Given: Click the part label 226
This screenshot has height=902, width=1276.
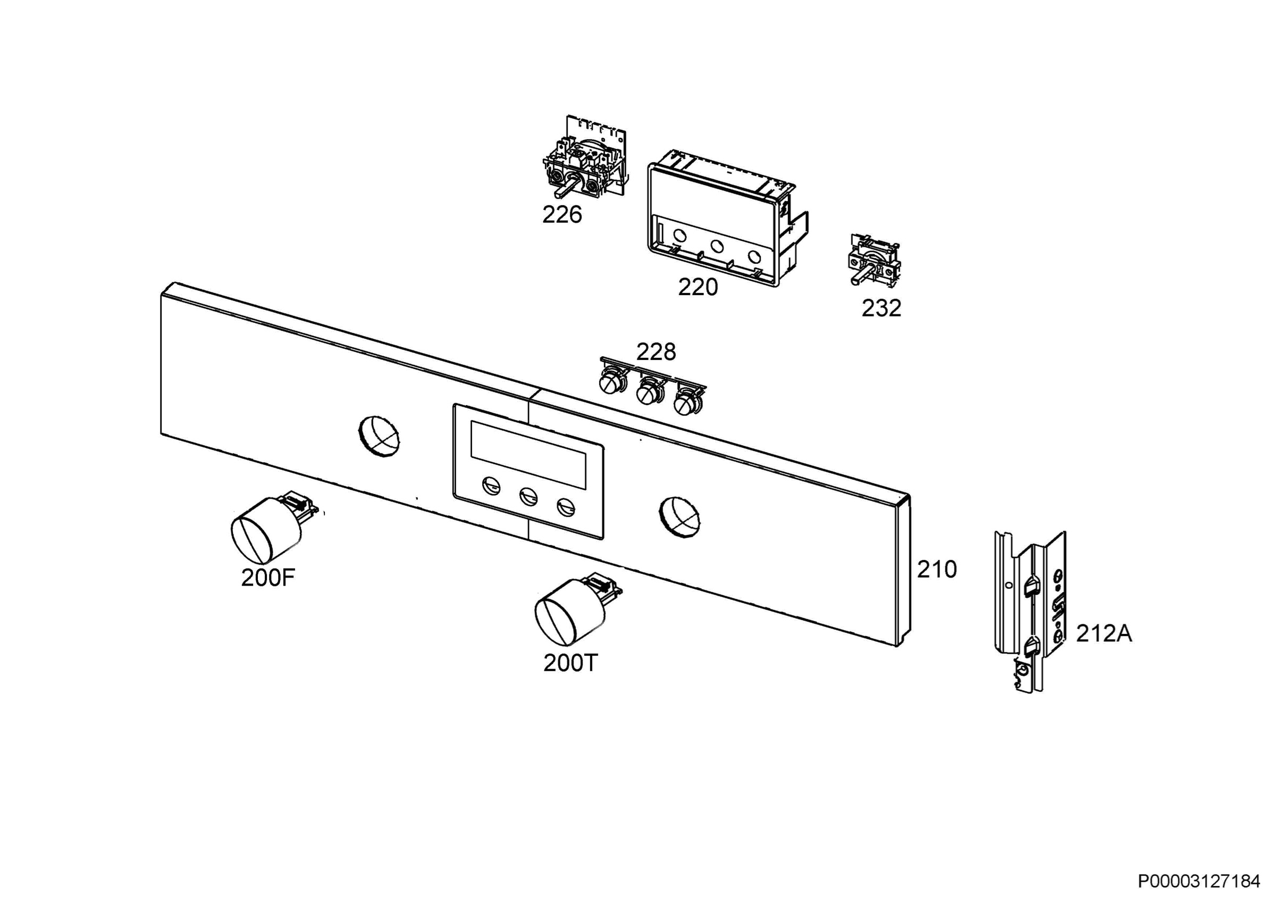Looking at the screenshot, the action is (562, 214).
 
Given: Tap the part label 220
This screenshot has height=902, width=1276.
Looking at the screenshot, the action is (698, 287).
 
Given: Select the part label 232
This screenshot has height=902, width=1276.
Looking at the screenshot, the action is (882, 308).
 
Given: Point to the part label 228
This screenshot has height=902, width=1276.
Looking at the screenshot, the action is (656, 352).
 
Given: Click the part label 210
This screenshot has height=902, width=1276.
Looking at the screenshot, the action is (937, 569).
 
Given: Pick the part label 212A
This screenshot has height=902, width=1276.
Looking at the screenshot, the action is (1104, 633).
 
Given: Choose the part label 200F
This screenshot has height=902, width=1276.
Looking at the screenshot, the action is (268, 578).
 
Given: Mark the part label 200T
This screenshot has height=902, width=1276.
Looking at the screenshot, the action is (570, 663).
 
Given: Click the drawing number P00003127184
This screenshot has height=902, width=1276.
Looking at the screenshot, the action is (1199, 881).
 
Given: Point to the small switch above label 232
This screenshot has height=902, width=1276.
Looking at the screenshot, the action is (872, 261).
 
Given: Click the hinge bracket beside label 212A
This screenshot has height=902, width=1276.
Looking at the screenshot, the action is (1029, 611).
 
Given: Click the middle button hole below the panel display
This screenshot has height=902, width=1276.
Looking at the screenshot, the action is (528, 496).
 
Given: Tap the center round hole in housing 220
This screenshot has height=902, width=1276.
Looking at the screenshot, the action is (716, 245).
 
